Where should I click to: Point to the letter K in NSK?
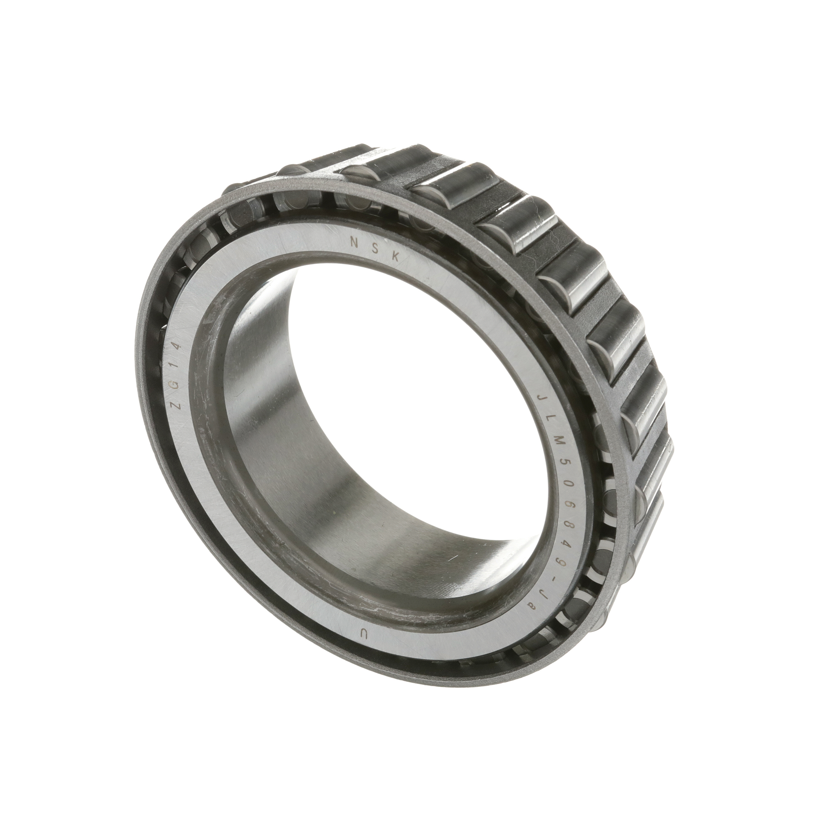pos(395,256)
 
